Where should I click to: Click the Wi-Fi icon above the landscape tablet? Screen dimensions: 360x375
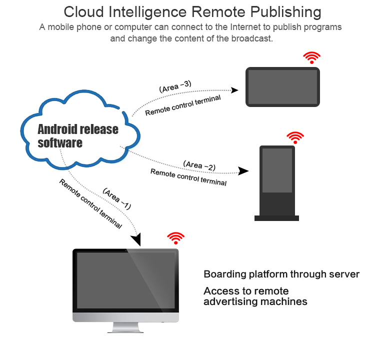tap(312, 57)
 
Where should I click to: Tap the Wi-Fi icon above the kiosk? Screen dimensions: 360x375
tap(295, 137)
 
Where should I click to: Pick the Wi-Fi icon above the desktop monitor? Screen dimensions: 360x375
tap(175, 238)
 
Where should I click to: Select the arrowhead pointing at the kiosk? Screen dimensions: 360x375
tap(243, 171)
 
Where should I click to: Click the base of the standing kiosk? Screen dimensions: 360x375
tap(276, 218)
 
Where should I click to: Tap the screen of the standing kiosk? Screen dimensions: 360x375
tap(277, 170)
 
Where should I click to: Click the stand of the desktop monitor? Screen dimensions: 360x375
tap(125, 327)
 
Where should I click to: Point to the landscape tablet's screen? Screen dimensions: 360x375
tap(282, 87)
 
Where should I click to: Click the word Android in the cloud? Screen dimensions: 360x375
tap(58, 129)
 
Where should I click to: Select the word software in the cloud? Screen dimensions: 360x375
tap(60, 143)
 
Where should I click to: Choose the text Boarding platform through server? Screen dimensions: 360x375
tap(281, 274)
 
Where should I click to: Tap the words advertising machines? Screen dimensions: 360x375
tap(255, 301)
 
